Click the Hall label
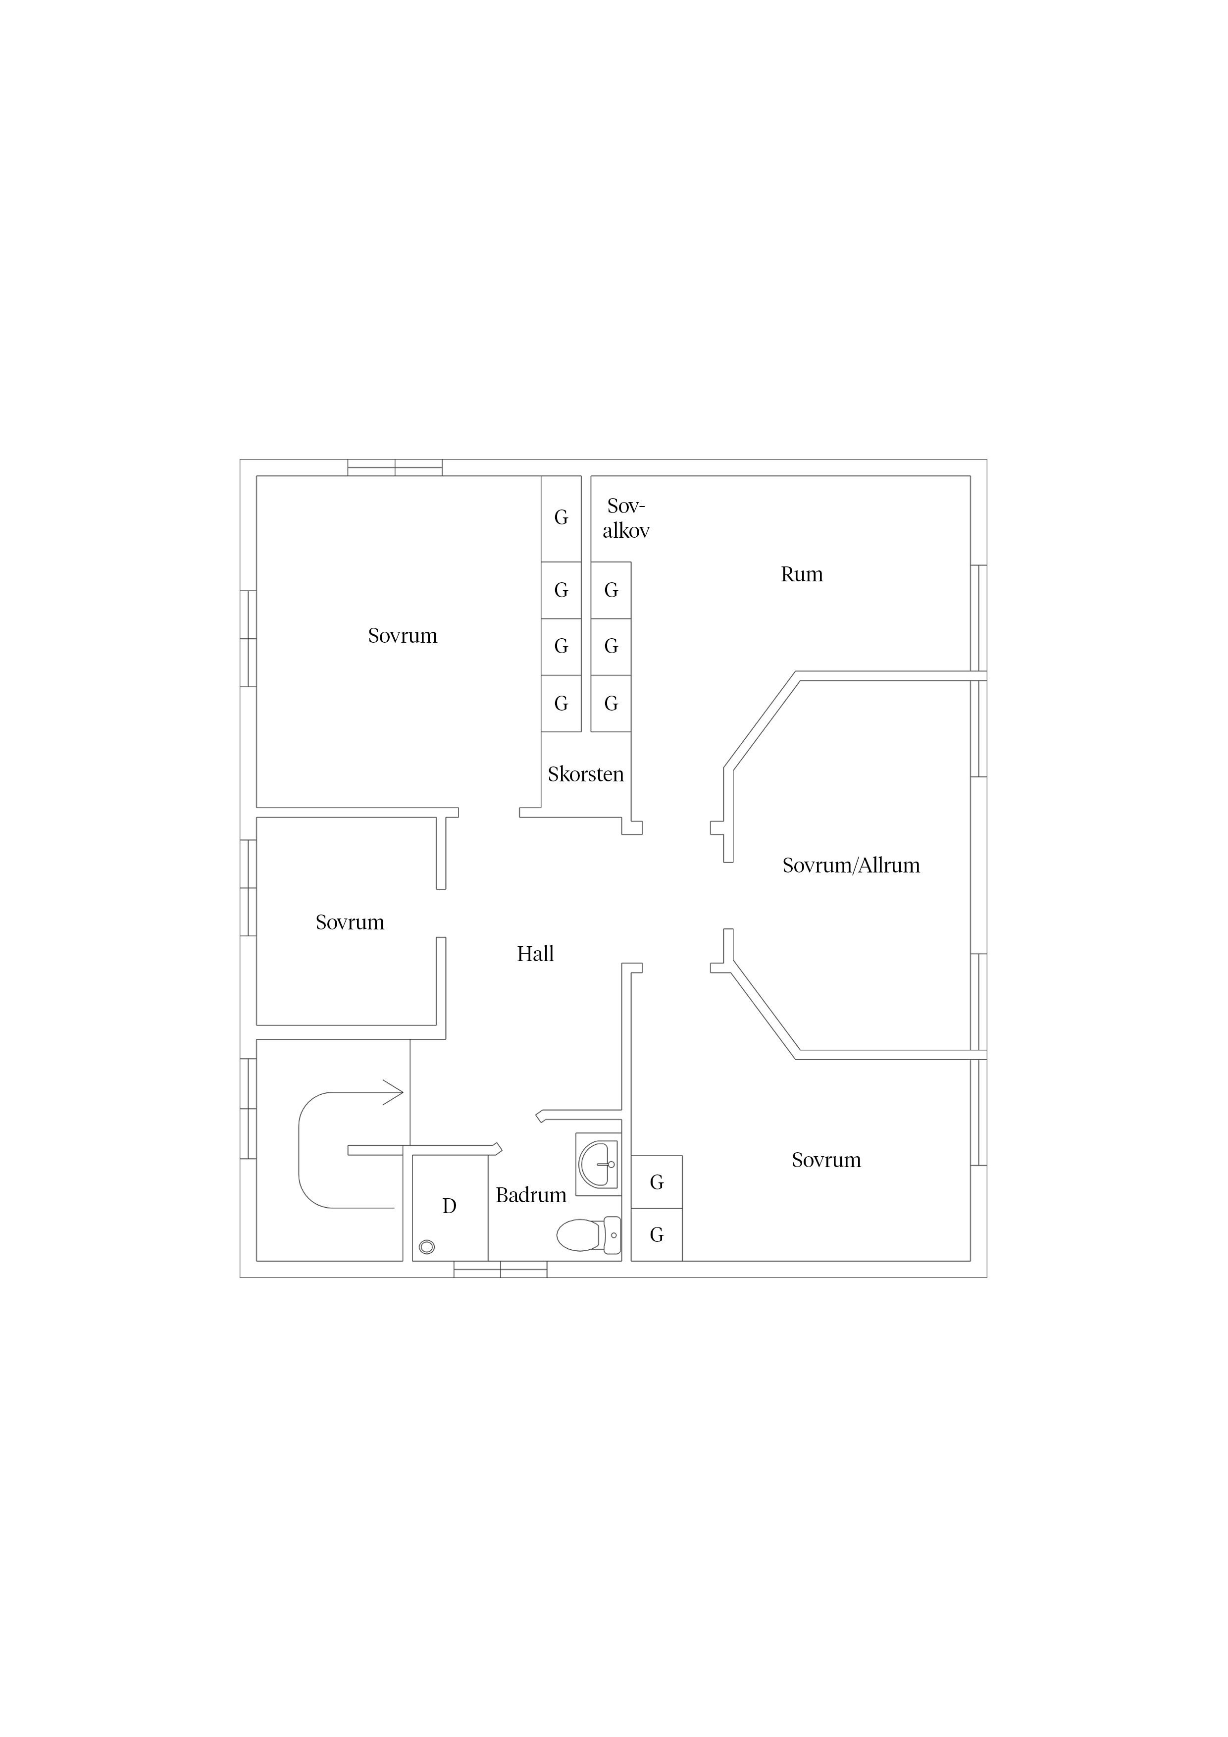tap(536, 954)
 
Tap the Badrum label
tap(531, 1195)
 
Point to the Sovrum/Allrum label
tap(851, 866)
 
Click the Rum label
tap(802, 574)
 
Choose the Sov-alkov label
tap(626, 518)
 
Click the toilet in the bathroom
tap(589, 1235)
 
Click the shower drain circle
tap(427, 1247)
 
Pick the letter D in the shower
tap(450, 1206)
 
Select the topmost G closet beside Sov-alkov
tap(561, 518)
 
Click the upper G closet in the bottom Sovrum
tap(657, 1182)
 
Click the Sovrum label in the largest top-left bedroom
tap(403, 635)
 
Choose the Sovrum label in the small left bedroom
tap(350, 922)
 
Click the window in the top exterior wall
tap(395, 467)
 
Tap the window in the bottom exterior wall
tap(500, 1270)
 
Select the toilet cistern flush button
tap(614, 1235)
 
